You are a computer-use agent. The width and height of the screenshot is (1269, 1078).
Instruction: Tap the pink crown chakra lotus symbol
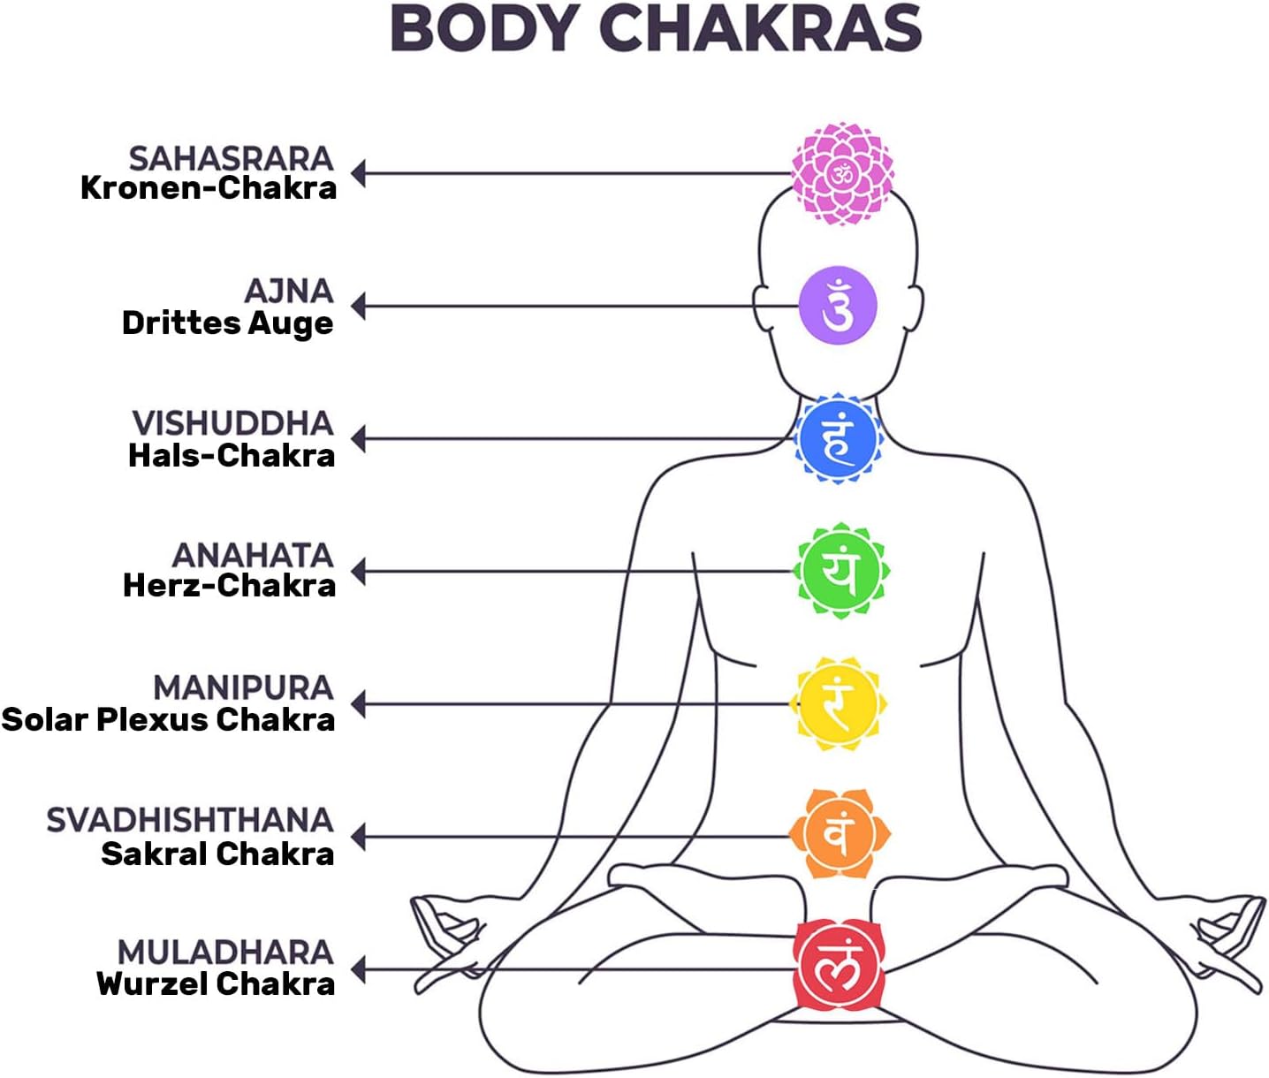842,174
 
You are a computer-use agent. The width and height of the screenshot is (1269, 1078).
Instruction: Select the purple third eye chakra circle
838,306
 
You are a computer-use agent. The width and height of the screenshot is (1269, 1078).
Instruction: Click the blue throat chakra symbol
838,439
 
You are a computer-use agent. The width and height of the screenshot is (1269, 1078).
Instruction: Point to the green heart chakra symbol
840,571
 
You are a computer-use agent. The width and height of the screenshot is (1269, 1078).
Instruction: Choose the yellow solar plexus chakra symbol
838,704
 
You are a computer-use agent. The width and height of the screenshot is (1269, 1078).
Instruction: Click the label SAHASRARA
231,158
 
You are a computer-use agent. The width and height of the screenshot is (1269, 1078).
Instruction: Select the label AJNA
289,291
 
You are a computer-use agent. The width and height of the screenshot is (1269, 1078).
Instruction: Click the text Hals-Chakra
232,456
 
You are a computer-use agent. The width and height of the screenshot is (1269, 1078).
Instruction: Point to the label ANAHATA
253,555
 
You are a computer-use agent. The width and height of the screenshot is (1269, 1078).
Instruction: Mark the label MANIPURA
243,687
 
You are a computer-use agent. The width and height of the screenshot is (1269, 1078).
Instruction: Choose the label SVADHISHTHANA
190,820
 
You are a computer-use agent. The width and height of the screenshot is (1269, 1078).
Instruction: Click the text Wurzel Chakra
216,983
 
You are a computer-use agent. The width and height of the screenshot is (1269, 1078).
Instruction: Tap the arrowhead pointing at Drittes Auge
358,307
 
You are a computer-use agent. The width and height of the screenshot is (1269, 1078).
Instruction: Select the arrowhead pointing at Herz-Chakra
358,572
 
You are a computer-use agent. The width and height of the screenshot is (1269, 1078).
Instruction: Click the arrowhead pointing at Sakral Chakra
358,836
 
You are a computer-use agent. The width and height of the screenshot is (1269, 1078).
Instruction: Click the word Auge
291,323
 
